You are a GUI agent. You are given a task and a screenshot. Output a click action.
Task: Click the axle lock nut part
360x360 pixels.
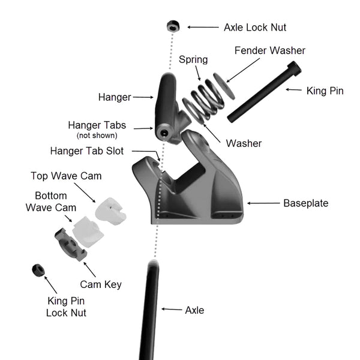pyautogui.click(x=172, y=26)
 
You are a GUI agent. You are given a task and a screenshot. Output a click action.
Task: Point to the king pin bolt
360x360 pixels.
pyautogui.click(x=264, y=91)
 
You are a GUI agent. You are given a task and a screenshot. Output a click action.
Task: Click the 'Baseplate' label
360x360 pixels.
pyautogui.click(x=305, y=203)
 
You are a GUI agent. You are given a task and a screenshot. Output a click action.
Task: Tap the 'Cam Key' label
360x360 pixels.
pyautogui.click(x=100, y=284)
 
